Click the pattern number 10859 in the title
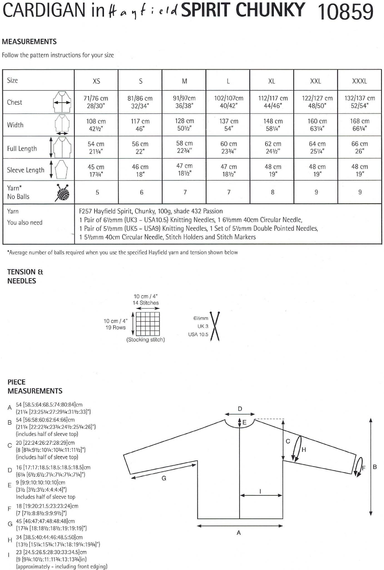pos(346,12)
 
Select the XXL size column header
pos(316,81)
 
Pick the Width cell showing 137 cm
pos(229,125)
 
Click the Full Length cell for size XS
pos(96,148)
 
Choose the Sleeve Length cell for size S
pos(140,170)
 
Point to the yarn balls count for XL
pos(272,192)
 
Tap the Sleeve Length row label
pos(26,170)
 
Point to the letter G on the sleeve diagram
pos(164,478)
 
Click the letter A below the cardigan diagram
pos(239,532)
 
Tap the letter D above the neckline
pos(240,409)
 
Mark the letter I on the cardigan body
pos(260,491)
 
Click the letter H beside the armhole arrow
pos(304,449)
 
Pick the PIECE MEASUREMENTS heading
pos(35,386)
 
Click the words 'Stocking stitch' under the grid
pos(145,340)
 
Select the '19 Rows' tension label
pos(115,328)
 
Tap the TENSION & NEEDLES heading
pos(25,276)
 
